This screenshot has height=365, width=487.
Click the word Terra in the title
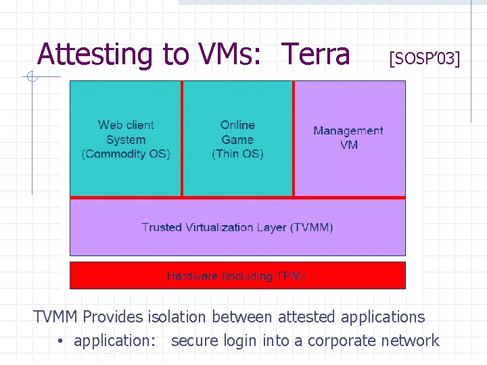(x=316, y=54)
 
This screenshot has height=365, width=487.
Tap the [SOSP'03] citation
(x=424, y=59)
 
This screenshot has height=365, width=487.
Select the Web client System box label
(x=126, y=132)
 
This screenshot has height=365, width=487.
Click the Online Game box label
(x=237, y=132)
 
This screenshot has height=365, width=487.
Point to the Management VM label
(x=348, y=138)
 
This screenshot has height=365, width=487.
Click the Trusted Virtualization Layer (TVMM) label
(x=237, y=227)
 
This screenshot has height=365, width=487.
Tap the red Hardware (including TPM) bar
(x=237, y=276)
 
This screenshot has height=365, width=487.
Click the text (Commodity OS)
(x=126, y=154)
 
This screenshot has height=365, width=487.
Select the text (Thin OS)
(x=237, y=154)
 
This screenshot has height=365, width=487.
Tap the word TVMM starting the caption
(x=57, y=316)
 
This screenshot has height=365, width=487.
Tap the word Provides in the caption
(x=113, y=316)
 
